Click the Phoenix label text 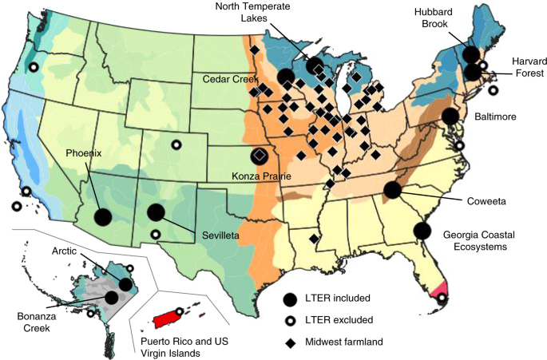[84, 153]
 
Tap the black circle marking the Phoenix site [103, 216]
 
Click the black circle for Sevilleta [157, 212]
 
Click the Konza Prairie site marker [260, 156]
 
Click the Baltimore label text [496, 117]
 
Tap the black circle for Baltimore [451, 116]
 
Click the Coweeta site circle [392, 190]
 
